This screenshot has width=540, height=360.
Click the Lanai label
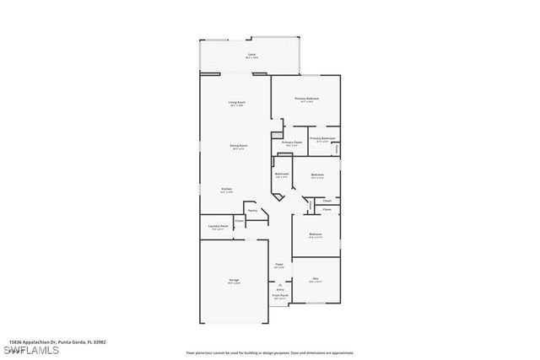251,55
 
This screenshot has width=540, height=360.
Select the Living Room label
236,102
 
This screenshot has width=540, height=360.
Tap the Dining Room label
239,146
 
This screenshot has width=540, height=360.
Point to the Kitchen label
226,189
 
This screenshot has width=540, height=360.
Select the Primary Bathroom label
322,138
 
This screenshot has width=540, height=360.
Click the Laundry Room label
218,226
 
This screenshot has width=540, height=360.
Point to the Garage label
233,281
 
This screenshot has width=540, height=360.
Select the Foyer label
278,264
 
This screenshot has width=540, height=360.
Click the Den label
316,278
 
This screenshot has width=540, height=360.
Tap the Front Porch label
279,295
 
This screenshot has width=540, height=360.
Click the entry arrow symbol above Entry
279,284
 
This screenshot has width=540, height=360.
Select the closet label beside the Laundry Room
240,221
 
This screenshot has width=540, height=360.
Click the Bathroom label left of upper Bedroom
282,175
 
